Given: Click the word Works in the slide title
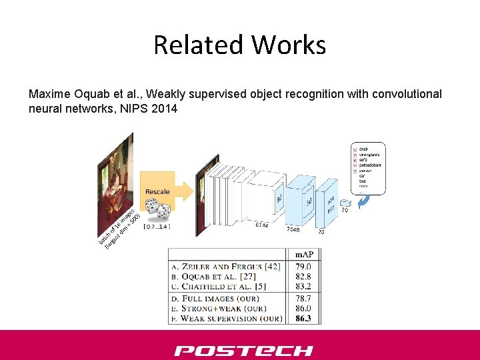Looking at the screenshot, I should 289,45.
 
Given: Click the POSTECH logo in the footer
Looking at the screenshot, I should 243,351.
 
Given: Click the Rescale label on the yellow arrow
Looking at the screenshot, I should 157,192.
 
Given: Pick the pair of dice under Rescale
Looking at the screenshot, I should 158,211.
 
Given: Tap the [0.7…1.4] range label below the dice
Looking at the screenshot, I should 157,227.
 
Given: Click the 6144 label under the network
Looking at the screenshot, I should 262,225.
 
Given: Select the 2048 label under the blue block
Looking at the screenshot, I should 294,229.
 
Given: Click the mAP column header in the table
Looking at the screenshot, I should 305,255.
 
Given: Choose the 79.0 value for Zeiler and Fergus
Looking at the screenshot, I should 305,267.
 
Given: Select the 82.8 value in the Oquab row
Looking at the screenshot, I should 305,276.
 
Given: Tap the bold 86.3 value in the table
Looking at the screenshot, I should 305,318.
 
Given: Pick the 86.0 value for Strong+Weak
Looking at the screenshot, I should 305,309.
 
